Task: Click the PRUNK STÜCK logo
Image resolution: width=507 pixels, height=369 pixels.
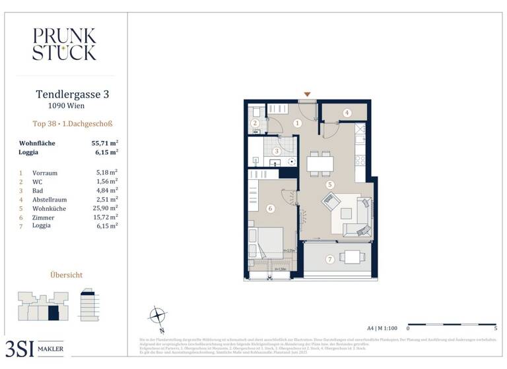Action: point(64,44)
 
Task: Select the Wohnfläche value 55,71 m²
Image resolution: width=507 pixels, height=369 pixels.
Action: point(105,143)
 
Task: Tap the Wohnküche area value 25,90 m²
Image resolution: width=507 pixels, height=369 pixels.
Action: point(106,208)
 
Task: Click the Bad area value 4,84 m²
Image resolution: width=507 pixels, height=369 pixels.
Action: point(106,190)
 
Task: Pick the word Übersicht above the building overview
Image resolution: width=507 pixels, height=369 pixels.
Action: point(67,275)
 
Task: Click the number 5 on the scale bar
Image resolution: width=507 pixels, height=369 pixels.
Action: point(495,327)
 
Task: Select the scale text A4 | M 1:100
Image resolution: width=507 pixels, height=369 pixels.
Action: point(382,327)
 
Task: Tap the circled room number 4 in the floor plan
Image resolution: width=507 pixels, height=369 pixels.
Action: point(347,113)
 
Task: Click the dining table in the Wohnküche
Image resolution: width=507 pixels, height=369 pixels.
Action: point(320,162)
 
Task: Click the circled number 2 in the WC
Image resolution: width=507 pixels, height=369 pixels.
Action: point(254,124)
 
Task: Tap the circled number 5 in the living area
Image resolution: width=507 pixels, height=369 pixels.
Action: point(329,185)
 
